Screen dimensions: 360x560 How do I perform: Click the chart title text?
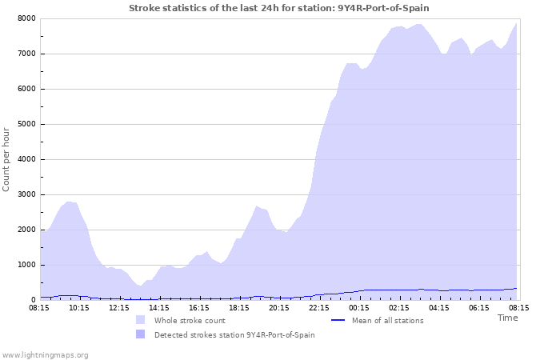284,7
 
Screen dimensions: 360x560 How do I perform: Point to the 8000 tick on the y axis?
26,18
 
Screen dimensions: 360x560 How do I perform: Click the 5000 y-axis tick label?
26,124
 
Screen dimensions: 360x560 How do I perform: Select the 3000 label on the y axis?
26,194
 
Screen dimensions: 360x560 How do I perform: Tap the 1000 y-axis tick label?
26,265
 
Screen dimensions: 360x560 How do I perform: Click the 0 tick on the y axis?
32,300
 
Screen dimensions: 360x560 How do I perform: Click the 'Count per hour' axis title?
7,158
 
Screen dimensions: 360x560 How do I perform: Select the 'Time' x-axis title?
507,318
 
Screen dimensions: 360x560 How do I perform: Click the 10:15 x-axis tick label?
79,307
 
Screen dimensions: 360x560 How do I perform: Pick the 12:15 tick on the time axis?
119,307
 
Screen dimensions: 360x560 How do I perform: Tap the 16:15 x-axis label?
199,307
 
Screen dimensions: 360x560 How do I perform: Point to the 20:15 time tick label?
279,307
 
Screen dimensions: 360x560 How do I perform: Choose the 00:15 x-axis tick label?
359,307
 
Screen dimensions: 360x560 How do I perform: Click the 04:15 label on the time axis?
439,307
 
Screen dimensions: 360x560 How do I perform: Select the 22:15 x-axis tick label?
319,307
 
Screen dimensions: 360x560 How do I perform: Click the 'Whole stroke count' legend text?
190,321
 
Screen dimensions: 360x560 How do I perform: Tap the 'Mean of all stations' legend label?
388,321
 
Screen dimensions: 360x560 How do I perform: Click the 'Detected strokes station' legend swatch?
140,334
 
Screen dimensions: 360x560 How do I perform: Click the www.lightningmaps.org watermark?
45,354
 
